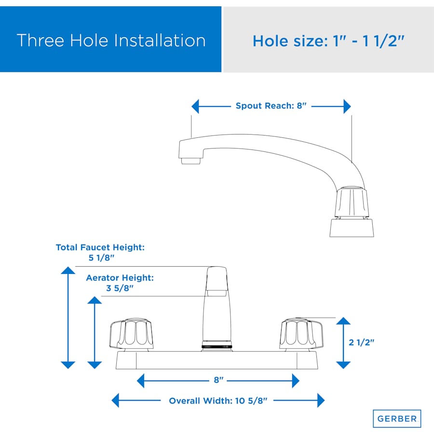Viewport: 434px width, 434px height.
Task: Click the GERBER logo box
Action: click(397, 419)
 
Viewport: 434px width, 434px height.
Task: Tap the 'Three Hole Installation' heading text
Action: click(111, 41)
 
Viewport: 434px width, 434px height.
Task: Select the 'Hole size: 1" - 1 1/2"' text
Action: click(328, 41)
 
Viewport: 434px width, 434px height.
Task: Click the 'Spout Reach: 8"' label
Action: click(271, 106)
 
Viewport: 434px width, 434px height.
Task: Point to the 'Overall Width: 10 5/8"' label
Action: click(218, 401)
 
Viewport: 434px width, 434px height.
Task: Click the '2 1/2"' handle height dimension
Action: click(361, 342)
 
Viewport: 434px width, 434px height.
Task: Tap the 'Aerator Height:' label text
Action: click(120, 278)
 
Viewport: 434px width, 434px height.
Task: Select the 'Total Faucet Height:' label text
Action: click(100, 247)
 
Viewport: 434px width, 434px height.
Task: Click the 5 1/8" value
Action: click(101, 258)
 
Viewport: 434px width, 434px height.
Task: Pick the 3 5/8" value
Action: click(120, 288)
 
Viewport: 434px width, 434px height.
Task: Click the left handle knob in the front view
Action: click(132, 333)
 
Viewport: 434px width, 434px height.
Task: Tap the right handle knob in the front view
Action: click(301, 333)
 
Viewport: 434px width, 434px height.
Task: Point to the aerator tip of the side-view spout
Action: click(190, 161)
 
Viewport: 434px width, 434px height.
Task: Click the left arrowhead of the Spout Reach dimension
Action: click(195, 106)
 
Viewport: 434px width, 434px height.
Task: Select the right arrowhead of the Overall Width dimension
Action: click(321, 400)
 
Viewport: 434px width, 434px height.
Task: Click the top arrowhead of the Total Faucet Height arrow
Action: click(68, 271)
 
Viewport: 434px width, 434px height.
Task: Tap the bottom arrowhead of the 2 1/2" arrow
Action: click(343, 365)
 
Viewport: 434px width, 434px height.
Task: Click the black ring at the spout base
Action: click(217, 347)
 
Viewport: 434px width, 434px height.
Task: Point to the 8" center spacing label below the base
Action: click(218, 380)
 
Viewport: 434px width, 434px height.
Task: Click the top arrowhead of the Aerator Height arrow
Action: click(95, 300)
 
